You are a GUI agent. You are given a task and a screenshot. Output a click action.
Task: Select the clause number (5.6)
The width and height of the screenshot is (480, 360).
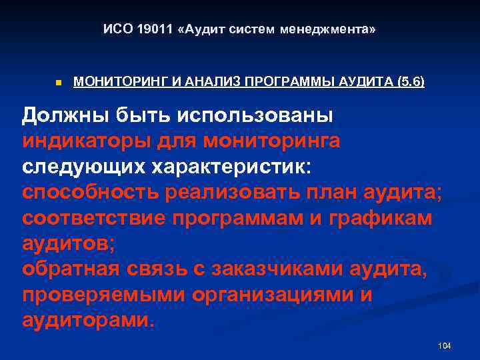point(410,83)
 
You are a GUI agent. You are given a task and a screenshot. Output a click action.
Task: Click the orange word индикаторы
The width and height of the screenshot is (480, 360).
point(89,141)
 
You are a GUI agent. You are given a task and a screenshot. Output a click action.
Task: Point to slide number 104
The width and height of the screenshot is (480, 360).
point(445,345)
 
